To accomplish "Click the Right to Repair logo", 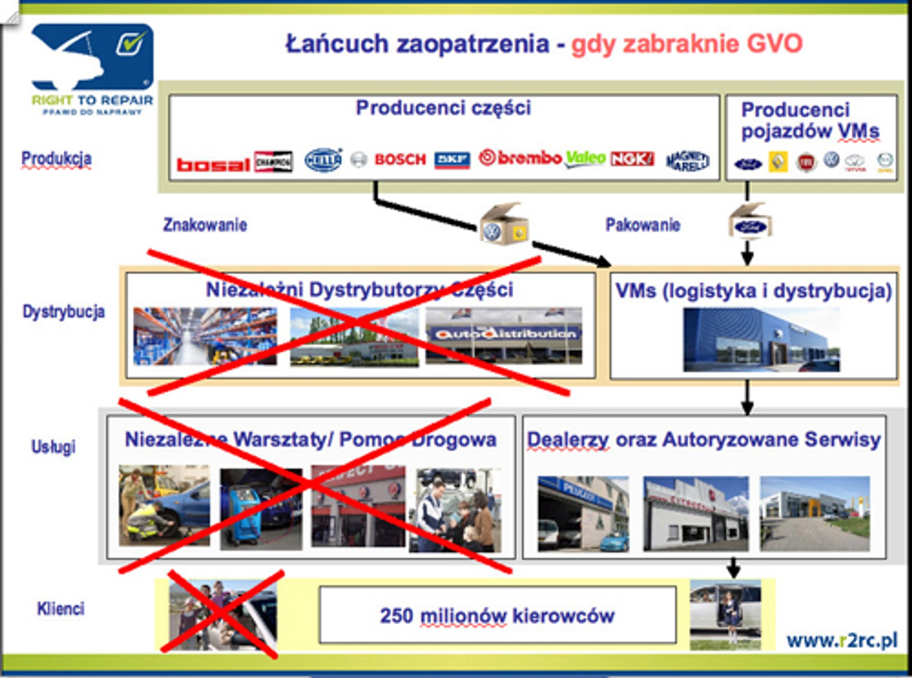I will coord(92,68).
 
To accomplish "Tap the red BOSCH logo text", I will coord(400,160).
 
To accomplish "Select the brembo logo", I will coord(520,158).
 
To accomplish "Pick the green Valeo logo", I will coord(586,158).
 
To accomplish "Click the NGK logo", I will coord(632,159).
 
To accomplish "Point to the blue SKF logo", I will coord(452,160).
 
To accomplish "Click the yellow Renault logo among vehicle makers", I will coord(778,162).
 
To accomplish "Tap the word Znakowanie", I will coord(205,225).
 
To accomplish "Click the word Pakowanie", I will coord(643,225).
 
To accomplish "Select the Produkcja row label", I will coord(56,159).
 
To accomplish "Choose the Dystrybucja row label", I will coord(64,312).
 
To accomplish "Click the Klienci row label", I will coord(61,608).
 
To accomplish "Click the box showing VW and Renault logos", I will coord(504,226).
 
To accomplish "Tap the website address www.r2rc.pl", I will coord(842,640).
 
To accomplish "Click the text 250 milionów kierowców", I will coord(497,616).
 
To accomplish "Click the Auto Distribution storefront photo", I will coord(504,336).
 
